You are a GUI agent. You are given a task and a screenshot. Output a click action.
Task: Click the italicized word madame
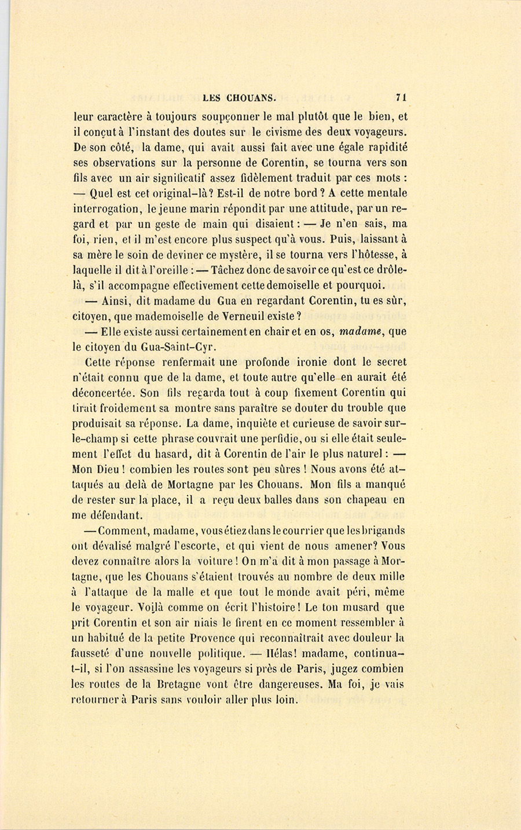point(362,332)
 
